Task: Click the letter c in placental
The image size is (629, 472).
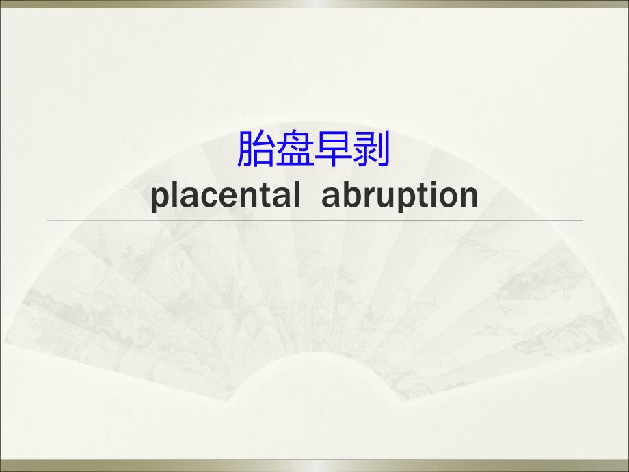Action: (206, 196)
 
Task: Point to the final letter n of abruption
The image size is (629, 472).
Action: (468, 196)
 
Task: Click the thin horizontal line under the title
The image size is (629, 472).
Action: (314, 220)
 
